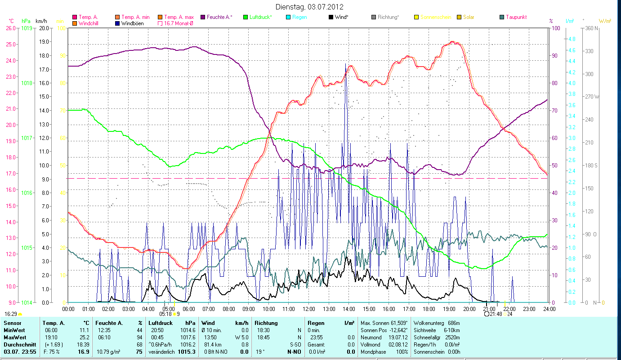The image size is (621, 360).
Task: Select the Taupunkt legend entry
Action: pos(516,17)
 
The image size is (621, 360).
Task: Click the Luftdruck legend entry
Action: pos(260,17)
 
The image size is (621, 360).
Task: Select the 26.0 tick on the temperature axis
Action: pos(10,28)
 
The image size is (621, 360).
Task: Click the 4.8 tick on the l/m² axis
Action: pos(571,39)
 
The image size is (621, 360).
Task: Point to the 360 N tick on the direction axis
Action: pos(590,28)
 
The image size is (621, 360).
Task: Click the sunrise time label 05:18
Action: pos(165,314)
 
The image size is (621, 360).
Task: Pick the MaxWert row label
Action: pos(14,337)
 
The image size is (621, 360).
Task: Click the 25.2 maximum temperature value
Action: pos(85,337)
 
